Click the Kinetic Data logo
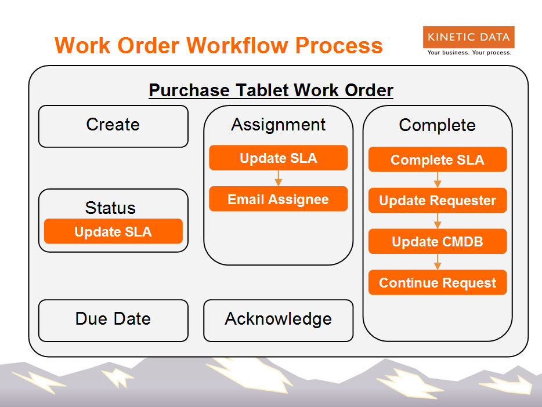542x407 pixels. tap(468, 37)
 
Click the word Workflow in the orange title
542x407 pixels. tap(237, 46)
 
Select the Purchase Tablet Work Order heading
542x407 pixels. tap(271, 90)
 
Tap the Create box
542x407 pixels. tap(113, 126)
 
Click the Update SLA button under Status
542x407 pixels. tap(113, 231)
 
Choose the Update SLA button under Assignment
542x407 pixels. tap(279, 158)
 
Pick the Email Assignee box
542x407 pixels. tap(279, 199)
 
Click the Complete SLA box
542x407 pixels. tap(438, 159)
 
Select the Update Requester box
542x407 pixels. tap(438, 200)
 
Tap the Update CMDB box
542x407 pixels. tap(438, 241)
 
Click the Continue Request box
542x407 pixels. tap(438, 282)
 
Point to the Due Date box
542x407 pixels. tap(113, 321)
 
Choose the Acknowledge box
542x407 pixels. tap(279, 321)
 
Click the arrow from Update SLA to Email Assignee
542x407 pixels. tap(279, 178)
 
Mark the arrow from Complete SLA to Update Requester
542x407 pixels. tap(438, 180)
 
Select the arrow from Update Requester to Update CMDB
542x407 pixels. tap(438, 221)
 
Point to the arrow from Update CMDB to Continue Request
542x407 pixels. tap(438, 262)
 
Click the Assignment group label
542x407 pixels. tap(279, 125)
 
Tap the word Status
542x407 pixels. tap(110, 208)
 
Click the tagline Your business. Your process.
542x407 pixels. tap(469, 53)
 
